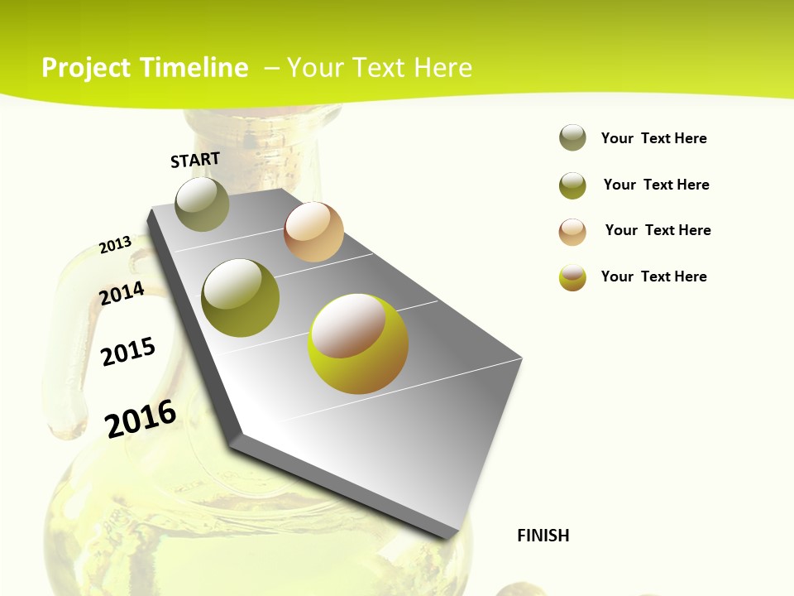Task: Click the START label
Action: point(195,160)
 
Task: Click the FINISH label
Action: point(543,536)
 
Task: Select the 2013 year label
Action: point(115,244)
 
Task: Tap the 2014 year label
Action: point(122,293)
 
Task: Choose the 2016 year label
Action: point(141,418)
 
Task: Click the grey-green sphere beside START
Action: point(202,204)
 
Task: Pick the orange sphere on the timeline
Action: point(313,232)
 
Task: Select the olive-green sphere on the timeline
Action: point(241,298)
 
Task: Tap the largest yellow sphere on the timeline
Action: point(358,344)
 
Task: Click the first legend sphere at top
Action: point(572,137)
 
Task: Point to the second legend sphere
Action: point(572,185)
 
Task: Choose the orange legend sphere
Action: point(572,232)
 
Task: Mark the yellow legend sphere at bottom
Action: point(572,277)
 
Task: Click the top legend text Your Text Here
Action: point(653,138)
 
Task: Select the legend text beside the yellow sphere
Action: point(653,276)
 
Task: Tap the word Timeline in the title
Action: point(194,68)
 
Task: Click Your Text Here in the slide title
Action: point(379,68)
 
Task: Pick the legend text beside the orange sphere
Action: point(658,230)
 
